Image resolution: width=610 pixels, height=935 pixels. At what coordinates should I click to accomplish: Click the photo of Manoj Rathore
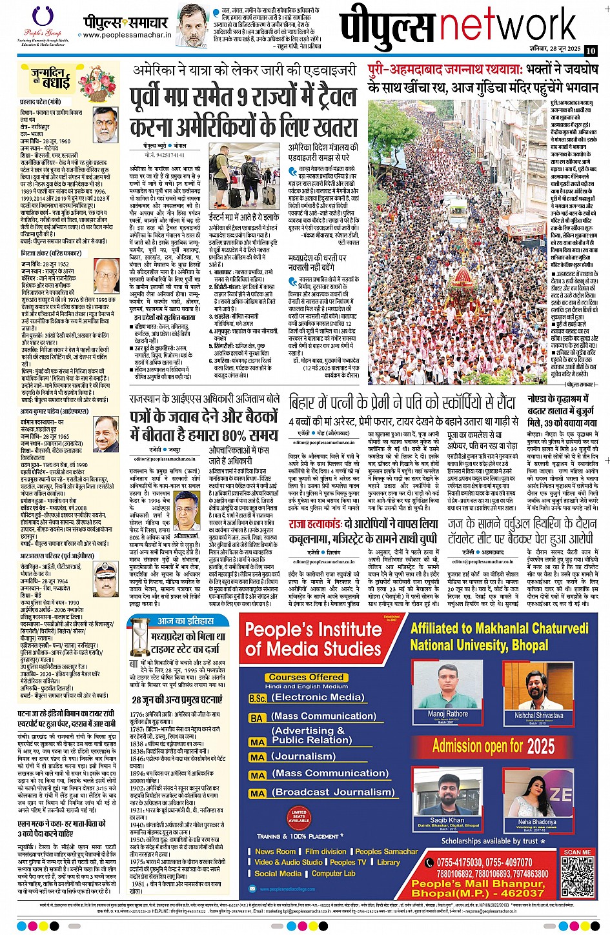[x=448, y=689]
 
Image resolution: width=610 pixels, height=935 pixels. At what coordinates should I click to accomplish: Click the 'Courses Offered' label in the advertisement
[x=306, y=677]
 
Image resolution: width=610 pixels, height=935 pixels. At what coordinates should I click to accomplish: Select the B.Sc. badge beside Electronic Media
[x=258, y=698]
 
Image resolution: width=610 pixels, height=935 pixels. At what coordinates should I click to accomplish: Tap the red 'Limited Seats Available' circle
[x=299, y=816]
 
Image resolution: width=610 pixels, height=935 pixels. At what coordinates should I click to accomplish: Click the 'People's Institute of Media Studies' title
[x=314, y=639]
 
